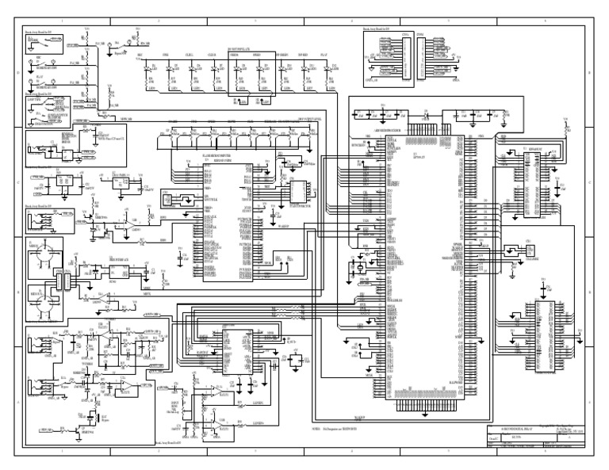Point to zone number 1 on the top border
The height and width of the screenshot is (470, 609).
[x=62, y=16]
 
